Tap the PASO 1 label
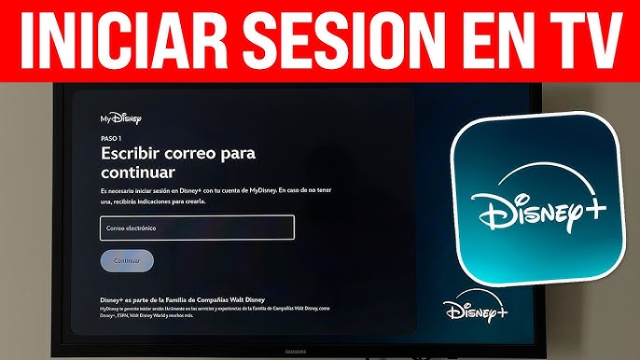coord(111,137)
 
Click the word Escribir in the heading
coord(132,152)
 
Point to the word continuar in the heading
coord(138,173)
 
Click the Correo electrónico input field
coord(197,228)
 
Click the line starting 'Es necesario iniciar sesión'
coord(219,190)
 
